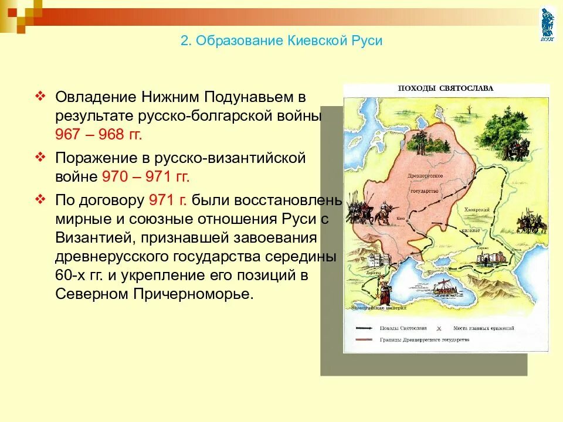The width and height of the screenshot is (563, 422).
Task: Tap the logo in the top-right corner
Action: pos(547,24)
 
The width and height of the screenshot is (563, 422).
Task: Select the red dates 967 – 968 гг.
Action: pos(99,134)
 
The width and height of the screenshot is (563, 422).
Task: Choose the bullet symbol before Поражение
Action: pos(40,158)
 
